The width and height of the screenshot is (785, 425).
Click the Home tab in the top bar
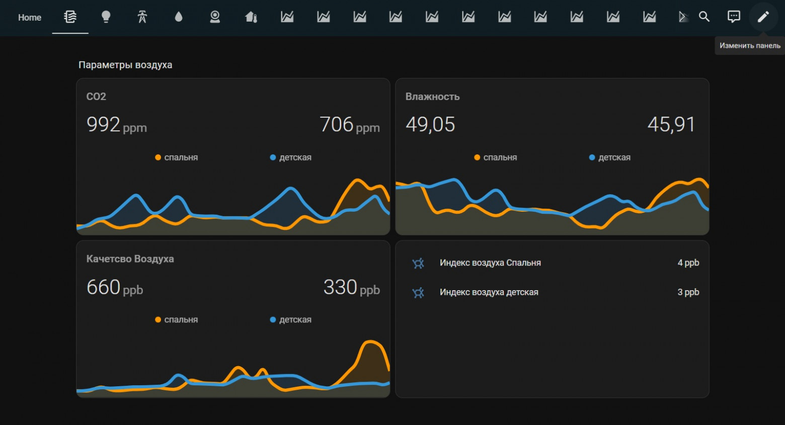[30, 18]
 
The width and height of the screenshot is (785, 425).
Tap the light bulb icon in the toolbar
[106, 17]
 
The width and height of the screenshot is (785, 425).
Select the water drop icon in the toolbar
[179, 17]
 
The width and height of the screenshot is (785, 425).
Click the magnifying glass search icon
[704, 17]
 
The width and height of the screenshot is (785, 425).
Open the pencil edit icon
[763, 17]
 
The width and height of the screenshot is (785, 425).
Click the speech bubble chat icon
[734, 17]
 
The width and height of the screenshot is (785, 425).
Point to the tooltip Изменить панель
[750, 46]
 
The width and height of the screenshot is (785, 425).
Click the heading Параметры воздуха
[125, 65]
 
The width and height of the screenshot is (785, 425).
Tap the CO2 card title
[96, 97]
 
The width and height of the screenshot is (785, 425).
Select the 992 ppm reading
[116, 125]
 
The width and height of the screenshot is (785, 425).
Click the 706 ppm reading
[349, 125]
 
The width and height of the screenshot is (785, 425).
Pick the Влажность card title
[432, 97]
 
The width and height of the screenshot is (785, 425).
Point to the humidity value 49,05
[430, 125]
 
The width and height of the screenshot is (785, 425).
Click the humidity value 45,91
[671, 125]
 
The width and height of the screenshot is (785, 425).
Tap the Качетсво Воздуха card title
[130, 259]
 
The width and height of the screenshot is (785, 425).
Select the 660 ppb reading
[115, 288]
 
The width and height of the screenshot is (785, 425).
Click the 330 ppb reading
[351, 288]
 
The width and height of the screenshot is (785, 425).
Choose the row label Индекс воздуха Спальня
[490, 263]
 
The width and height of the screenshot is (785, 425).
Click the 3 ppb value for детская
[688, 292]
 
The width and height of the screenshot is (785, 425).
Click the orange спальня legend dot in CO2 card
[158, 157]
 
